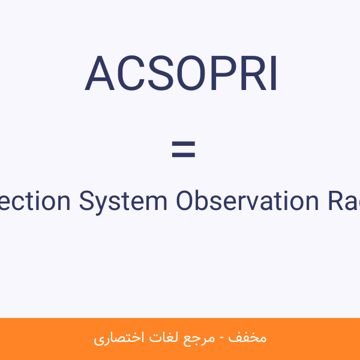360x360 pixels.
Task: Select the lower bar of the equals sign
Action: click(x=184, y=155)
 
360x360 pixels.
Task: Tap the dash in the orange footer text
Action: click(x=222, y=339)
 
